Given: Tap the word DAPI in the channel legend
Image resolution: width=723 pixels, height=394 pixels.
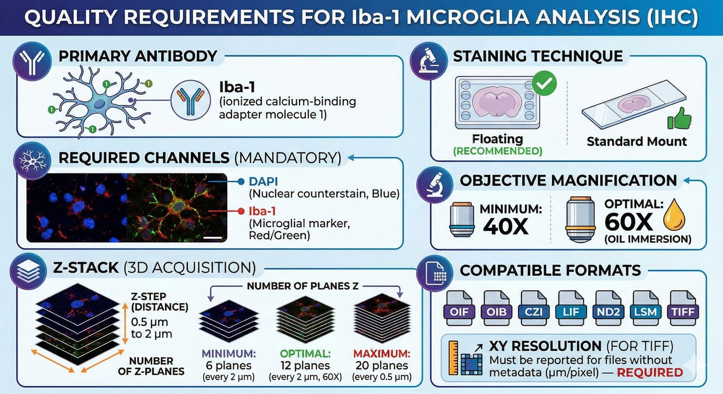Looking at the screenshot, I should pos(263,182).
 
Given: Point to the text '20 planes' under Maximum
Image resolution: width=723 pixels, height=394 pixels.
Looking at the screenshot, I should pos(383,366).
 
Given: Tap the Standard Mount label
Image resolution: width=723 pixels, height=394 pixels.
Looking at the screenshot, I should pos(636,141).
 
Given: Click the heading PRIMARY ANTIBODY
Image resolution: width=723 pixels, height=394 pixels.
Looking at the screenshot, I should pos(137,55).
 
